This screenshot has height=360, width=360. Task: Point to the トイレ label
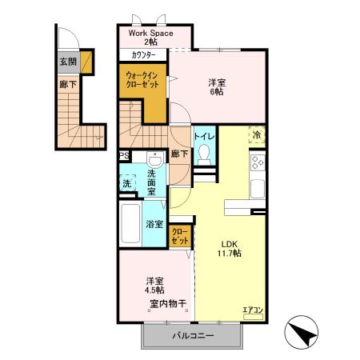(203, 136)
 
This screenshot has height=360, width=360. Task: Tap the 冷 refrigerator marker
(257, 135)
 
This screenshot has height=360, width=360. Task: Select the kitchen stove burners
(258, 164)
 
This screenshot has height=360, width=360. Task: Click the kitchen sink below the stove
(257, 190)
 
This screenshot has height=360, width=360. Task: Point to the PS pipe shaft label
(124, 156)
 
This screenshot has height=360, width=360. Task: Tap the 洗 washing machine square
(126, 183)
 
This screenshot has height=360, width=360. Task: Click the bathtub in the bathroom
(130, 225)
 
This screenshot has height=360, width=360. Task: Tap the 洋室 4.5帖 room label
(154, 285)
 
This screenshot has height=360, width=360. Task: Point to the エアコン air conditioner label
(253, 309)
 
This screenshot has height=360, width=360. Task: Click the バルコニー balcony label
(193, 336)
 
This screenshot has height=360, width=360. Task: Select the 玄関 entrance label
(68, 61)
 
